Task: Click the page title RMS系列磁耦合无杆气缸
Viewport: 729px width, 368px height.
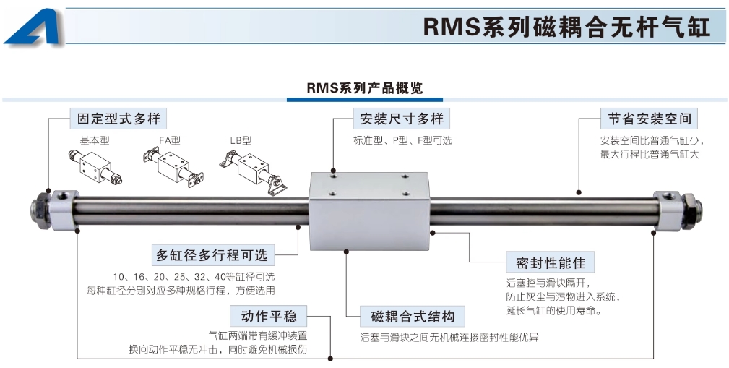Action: pos(566,27)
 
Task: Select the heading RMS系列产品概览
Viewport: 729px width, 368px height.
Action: pos(364,88)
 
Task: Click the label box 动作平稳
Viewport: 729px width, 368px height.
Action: pos(268,316)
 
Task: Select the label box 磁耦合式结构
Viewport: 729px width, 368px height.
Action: pos(413,316)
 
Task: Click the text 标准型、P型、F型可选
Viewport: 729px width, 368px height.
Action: pos(402,140)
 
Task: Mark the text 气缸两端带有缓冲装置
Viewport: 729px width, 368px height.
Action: pos(257,335)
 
